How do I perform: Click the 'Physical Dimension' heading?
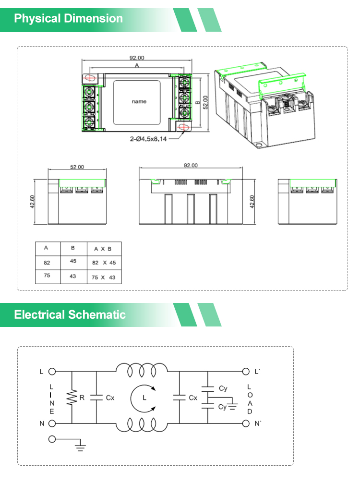pos(68,18)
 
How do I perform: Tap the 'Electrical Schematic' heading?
pos(70,314)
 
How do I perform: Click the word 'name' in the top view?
pos(139,101)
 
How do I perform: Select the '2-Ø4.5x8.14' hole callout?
pos(148,139)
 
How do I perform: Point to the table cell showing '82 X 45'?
pos(104,263)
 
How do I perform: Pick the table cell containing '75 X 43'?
pos(104,277)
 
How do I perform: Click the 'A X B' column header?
pos(103,249)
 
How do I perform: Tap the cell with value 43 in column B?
pos(72,276)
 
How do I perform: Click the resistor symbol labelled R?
pos(72,398)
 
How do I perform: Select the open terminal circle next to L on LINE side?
pos(52,372)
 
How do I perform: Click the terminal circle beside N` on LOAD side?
pos(246,423)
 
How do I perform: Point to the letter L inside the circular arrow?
pos(144,398)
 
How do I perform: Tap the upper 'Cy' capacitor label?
pos(223,388)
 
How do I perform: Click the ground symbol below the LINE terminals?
pos(80,447)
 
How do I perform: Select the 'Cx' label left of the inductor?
pos(110,398)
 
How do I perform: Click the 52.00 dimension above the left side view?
pos(77,167)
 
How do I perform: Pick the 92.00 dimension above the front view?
pos(191,166)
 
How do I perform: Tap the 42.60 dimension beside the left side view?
pos(32,202)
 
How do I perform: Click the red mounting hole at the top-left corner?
pos(90,78)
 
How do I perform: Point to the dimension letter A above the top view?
pos(137,65)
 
